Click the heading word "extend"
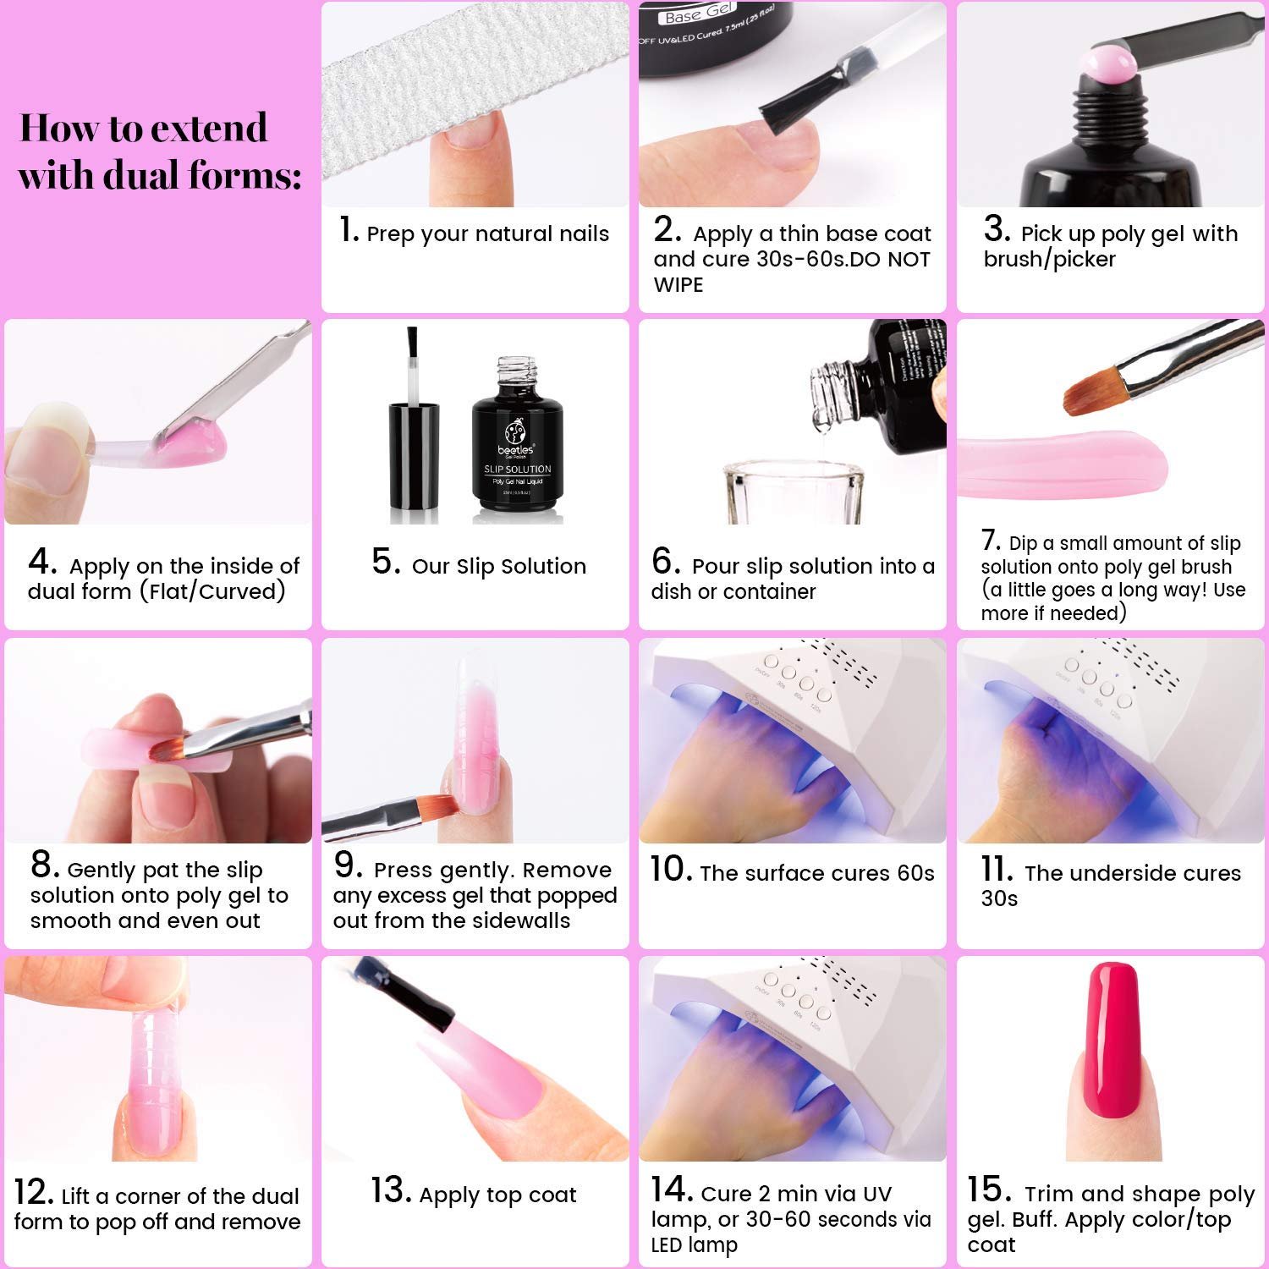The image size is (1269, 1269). pos(209,129)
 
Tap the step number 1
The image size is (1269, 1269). pos(348,230)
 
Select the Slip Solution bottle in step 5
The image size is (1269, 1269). pos(517,444)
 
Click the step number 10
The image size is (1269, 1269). pos(671,870)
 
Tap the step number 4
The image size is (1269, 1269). pos(42,562)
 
